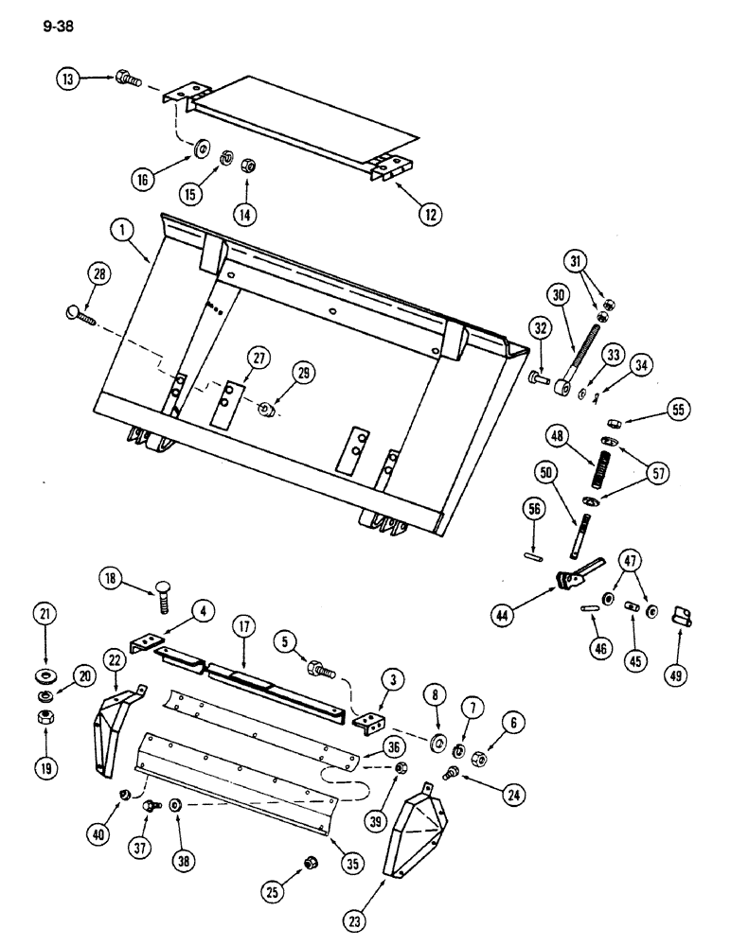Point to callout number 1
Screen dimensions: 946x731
point(119,228)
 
